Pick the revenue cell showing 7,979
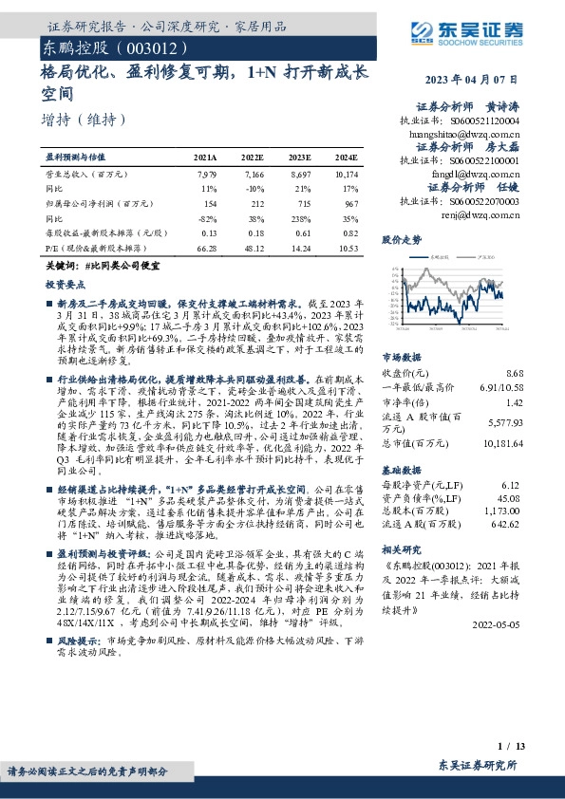206,175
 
